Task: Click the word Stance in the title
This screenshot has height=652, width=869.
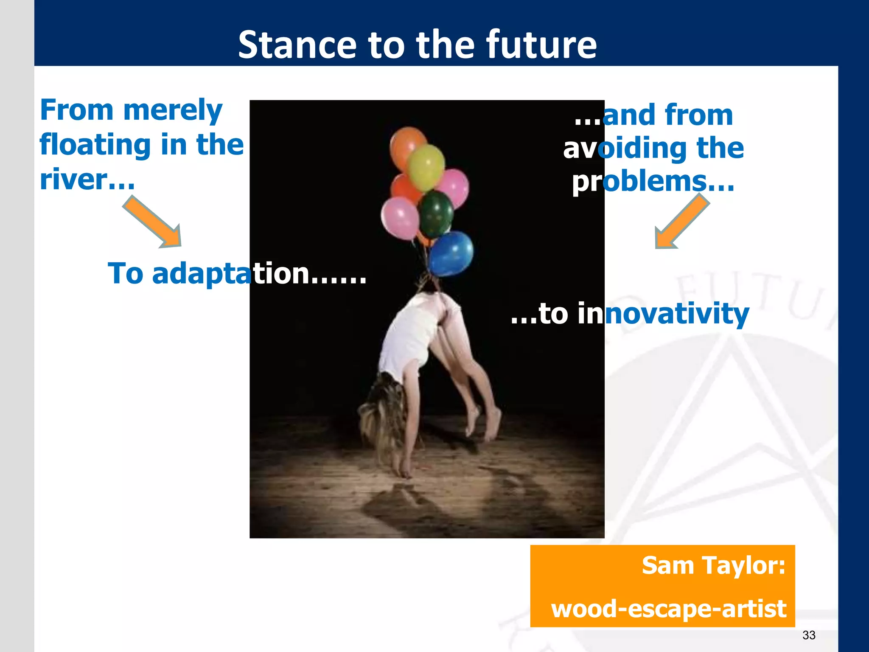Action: (x=297, y=45)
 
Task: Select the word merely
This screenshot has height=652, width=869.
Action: (x=173, y=110)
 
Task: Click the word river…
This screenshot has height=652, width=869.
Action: (x=87, y=180)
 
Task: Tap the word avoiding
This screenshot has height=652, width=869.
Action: (x=624, y=149)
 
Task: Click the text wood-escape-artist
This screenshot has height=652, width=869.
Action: (x=668, y=608)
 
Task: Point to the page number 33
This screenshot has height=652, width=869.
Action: (x=809, y=635)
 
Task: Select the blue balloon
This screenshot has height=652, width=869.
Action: (x=451, y=253)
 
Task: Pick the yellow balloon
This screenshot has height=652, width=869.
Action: (x=426, y=167)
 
